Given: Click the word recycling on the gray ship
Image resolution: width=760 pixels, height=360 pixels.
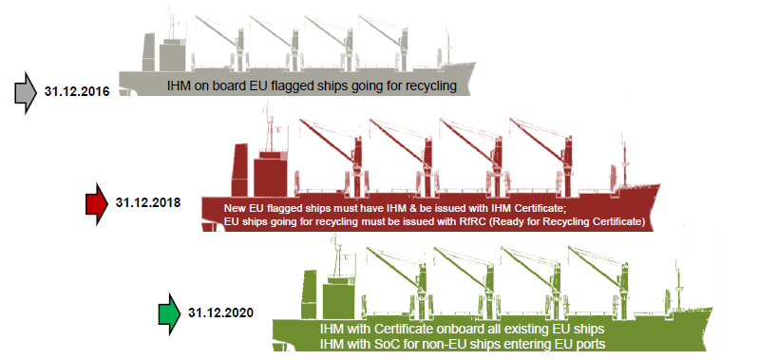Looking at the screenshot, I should pyautogui.click(x=428, y=85).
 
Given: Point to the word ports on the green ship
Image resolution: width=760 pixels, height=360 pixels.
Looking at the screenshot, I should pyautogui.click(x=584, y=344).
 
